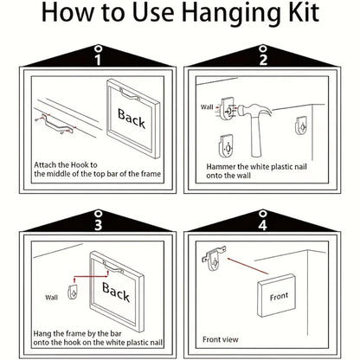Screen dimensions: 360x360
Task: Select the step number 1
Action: tap(98, 60)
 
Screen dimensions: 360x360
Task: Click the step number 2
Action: tap(263, 59)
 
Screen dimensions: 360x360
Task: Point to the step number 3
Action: tap(98, 225)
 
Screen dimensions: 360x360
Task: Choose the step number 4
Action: tap(262, 225)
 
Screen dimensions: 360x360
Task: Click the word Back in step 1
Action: tap(132, 119)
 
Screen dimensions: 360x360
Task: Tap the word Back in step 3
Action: tap(116, 292)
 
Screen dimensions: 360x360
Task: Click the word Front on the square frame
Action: tap(279, 297)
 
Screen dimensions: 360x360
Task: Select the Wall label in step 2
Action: tap(207, 107)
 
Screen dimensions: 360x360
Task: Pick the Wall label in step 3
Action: tap(51, 298)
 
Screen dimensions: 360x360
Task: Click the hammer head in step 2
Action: tap(254, 111)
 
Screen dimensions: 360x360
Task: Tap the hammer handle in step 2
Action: tap(256, 137)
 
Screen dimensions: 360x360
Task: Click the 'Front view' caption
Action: tap(221, 339)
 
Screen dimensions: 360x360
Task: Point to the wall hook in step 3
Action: tap(72, 292)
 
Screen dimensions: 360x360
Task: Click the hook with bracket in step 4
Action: tap(214, 258)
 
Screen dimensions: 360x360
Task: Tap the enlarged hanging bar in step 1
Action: tap(57, 124)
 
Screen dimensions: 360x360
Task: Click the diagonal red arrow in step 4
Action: tap(247, 266)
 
